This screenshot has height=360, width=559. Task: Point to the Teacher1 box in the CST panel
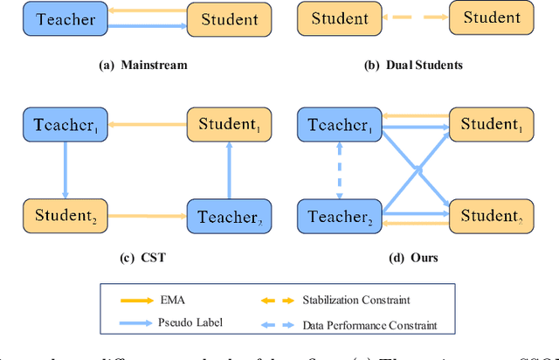(x=62, y=125)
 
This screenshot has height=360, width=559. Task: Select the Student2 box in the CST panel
(x=62, y=216)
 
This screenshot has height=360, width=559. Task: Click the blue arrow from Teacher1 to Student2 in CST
(x=63, y=170)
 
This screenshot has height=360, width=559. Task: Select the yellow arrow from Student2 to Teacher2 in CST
(x=143, y=215)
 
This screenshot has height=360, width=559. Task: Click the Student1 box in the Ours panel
(x=492, y=125)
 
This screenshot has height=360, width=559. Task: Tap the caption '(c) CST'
(x=143, y=259)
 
